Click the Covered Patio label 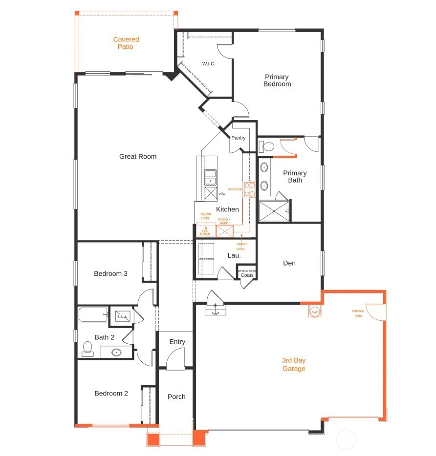pyautogui.click(x=126, y=43)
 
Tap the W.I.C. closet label pyautogui.click(x=209, y=64)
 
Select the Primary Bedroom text pyautogui.click(x=277, y=80)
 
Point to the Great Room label pyautogui.click(x=138, y=157)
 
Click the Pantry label pyautogui.click(x=239, y=138)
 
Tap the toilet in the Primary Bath pyautogui.click(x=267, y=146)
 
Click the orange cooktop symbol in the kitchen pyautogui.click(x=250, y=189)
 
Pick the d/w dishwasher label pyautogui.click(x=222, y=194)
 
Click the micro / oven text pyautogui.click(x=224, y=221)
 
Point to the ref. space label pyautogui.click(x=204, y=232)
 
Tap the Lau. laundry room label pyautogui.click(x=233, y=255)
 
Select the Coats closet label pyautogui.click(x=247, y=275)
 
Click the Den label pyautogui.click(x=289, y=263)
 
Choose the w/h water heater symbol pyautogui.click(x=315, y=311)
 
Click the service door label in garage pyautogui.click(x=358, y=313)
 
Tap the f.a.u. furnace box pyautogui.click(x=121, y=316)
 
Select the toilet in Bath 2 pyautogui.click(x=88, y=349)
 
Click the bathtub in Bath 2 pyautogui.click(x=93, y=315)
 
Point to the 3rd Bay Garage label pyautogui.click(x=294, y=364)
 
